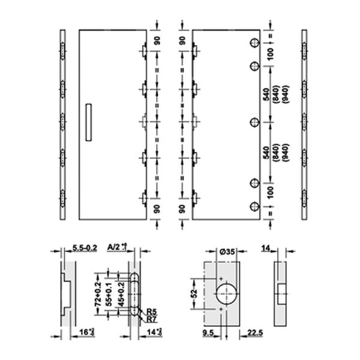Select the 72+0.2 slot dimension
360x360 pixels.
[98, 293]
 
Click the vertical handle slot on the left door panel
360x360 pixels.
[89, 122]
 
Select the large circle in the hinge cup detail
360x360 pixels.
[226, 294]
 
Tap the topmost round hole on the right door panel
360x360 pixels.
[254, 43]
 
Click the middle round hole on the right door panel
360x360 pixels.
[254, 124]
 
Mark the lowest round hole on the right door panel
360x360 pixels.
[254, 207]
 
